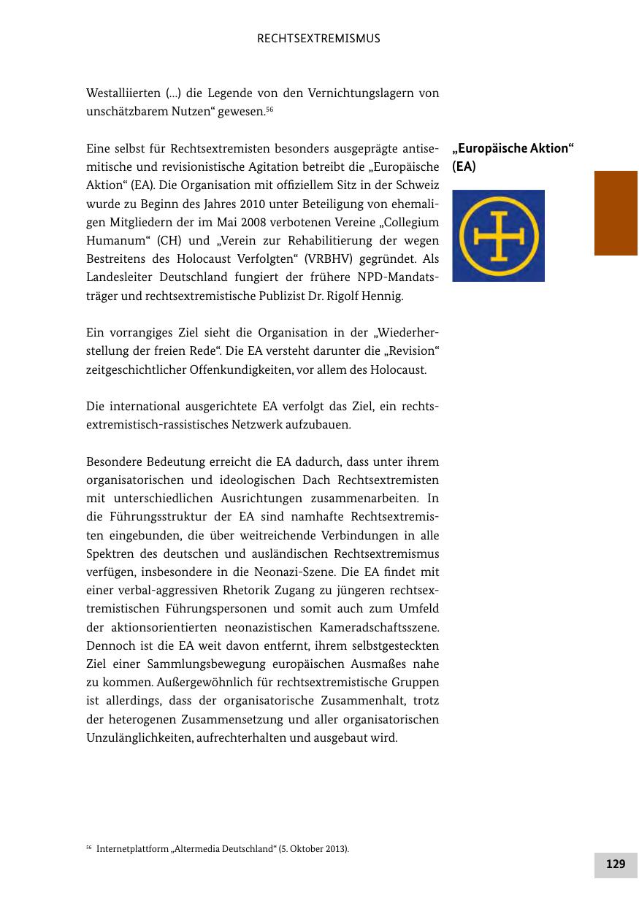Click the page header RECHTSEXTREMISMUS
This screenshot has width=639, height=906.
(319, 39)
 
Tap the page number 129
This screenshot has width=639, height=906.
(616, 864)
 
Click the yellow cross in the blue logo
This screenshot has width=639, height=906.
(498, 236)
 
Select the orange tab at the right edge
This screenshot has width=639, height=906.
(616, 213)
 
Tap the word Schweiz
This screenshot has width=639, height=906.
(419, 184)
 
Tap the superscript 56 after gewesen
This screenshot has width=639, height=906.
(269, 110)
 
